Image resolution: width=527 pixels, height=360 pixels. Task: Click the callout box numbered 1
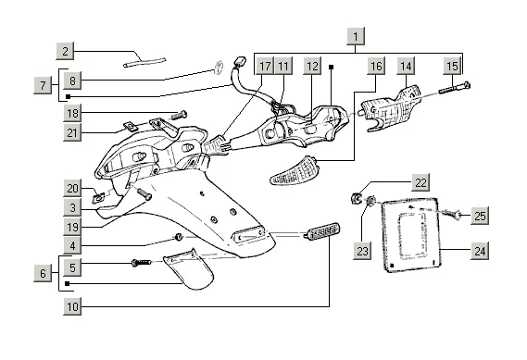click(x=356, y=36)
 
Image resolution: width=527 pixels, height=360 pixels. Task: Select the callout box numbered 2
click(x=65, y=51)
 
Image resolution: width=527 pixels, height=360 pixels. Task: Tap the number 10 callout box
click(x=72, y=306)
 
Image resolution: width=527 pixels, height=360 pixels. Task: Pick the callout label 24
click(x=480, y=251)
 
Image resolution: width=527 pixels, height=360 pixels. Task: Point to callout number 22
click(x=420, y=182)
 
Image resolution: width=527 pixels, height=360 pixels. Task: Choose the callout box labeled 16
click(x=376, y=66)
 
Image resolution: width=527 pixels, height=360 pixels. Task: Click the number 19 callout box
click(x=72, y=227)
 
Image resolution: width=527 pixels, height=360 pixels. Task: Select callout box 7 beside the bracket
click(x=43, y=85)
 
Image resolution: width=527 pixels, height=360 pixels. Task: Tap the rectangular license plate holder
click(x=410, y=234)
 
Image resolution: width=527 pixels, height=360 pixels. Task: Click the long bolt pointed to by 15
click(x=454, y=88)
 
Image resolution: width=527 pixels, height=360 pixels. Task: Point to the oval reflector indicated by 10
click(x=321, y=231)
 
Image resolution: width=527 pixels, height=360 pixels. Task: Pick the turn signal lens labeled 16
click(x=294, y=171)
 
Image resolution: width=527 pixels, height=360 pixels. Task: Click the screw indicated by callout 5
click(x=142, y=262)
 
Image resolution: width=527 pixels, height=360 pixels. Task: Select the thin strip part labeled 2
click(x=144, y=62)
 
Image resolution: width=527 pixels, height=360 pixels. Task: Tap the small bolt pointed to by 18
click(x=179, y=116)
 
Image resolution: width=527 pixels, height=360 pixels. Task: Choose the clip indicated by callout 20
click(x=98, y=198)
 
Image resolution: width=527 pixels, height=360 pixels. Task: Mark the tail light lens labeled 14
click(x=391, y=109)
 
